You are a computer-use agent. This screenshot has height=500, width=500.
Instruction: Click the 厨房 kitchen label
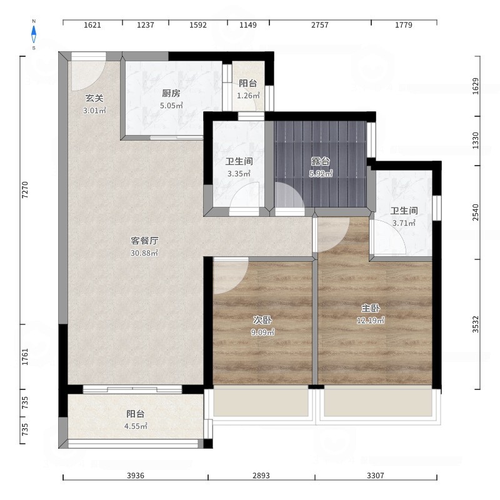[x=171, y=93]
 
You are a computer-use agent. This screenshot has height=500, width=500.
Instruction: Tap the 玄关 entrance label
[x=94, y=98]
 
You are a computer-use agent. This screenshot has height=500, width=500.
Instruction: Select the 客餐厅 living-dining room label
[x=144, y=241]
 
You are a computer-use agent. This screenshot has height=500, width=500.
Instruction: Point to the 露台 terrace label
[x=321, y=161]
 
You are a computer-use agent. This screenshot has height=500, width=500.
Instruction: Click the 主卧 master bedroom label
[x=371, y=308]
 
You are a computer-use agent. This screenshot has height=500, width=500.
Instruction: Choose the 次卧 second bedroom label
[x=262, y=320]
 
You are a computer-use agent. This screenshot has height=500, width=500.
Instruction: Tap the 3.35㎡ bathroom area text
[x=239, y=174]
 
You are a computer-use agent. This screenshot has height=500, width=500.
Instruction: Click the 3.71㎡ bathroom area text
[x=404, y=223]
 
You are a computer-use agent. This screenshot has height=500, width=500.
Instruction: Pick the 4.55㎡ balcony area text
[x=136, y=426]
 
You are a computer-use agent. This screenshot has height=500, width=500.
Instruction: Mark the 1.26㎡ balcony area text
[x=248, y=96]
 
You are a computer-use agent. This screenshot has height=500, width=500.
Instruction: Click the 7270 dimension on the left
[x=25, y=190]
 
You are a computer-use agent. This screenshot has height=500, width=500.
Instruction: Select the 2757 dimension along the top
[x=320, y=25]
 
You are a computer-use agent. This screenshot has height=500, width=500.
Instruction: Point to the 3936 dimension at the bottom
[x=136, y=476]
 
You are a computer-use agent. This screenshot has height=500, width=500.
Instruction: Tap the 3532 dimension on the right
[x=476, y=324]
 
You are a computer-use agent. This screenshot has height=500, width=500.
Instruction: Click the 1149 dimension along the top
[x=248, y=25]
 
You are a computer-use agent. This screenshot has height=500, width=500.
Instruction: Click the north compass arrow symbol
[x=34, y=34]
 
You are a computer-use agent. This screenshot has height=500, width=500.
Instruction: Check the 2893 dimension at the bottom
[x=261, y=476]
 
